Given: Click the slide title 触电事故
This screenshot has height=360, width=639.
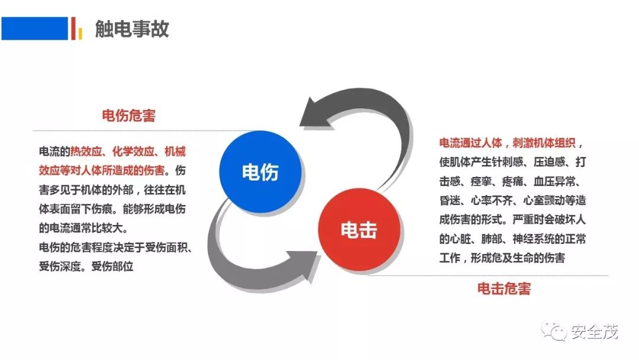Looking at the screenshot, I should (132, 29).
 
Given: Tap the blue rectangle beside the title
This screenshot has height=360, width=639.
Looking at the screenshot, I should (34, 28).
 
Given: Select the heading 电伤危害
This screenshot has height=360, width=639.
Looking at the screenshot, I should (129, 115).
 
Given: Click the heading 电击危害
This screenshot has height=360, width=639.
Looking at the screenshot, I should (504, 289).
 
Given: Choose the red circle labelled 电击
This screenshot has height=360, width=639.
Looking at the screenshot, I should (359, 230).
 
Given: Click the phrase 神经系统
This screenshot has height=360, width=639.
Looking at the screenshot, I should (526, 239).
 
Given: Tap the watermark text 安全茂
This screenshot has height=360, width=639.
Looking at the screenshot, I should (594, 332).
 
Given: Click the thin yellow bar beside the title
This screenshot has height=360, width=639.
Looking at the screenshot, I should (79, 32).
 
